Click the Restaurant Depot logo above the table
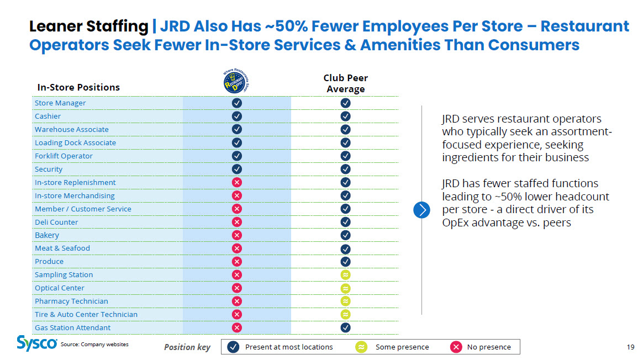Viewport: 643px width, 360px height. [236, 81]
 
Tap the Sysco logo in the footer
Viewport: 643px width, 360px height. [36, 343]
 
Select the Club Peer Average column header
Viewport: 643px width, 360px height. [345, 83]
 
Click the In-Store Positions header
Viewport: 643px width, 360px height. [78, 87]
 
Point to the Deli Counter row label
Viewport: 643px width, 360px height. [56, 222]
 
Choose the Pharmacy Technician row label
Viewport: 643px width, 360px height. [71, 301]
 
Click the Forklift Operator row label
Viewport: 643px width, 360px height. [64, 156]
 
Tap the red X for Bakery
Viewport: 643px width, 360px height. [236, 235]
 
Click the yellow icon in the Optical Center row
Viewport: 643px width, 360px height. [345, 288]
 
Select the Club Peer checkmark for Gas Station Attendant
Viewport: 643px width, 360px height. [345, 327]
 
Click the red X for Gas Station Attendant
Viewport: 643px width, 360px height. [236, 327]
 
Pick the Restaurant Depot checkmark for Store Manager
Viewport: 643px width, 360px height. [236, 103]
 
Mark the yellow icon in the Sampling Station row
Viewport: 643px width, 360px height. [345, 275]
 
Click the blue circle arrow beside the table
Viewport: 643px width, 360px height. [421, 210]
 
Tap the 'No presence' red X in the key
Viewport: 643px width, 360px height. [456, 347]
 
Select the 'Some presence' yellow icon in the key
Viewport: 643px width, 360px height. [361, 347]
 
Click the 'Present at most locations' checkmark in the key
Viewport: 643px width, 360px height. [233, 347]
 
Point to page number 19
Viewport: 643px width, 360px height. [630, 347]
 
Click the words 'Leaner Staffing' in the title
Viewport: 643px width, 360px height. [88, 27]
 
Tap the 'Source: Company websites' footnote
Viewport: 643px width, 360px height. [94, 345]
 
